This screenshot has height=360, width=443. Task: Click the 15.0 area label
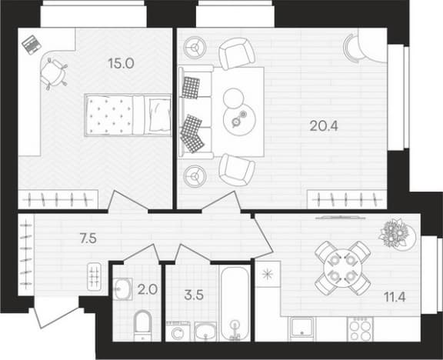click(x=121, y=64)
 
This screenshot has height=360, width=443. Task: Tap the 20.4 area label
click(x=324, y=125)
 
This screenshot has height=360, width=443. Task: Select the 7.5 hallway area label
click(x=88, y=238)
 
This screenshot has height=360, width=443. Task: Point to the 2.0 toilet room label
click(x=148, y=290)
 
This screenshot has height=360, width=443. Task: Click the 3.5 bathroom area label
click(x=194, y=295)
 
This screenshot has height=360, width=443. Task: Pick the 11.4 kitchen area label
click(x=395, y=297)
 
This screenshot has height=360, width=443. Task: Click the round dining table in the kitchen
click(x=342, y=268)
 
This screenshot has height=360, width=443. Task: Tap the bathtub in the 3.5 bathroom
click(x=235, y=304)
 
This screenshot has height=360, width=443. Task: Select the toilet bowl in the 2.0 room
click(x=143, y=325)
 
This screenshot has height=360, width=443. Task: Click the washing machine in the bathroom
click(x=179, y=332)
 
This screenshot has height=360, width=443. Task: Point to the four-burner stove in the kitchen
click(x=360, y=328)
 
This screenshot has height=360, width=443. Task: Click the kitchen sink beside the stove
click(x=302, y=328)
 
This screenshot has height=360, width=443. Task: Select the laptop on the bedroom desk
click(x=32, y=44)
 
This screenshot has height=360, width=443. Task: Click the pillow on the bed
click(x=160, y=115)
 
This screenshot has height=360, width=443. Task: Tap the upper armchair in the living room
click(x=237, y=54)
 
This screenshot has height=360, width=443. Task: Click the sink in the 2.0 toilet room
click(x=123, y=288)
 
